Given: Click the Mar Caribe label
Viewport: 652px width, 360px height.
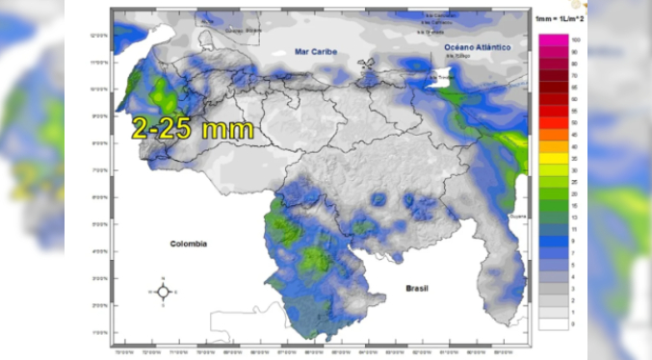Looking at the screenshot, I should click(x=316, y=50).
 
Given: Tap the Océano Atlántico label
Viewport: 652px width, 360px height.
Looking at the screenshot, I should click(x=476, y=46).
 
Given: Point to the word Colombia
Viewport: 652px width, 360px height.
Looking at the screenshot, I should click(x=189, y=244).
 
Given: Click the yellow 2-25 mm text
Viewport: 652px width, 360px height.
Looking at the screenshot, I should click(x=193, y=128).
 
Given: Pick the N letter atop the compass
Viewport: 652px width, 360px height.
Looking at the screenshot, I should click(x=163, y=280).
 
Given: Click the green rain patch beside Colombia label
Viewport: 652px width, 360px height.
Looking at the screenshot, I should click(x=283, y=228).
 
